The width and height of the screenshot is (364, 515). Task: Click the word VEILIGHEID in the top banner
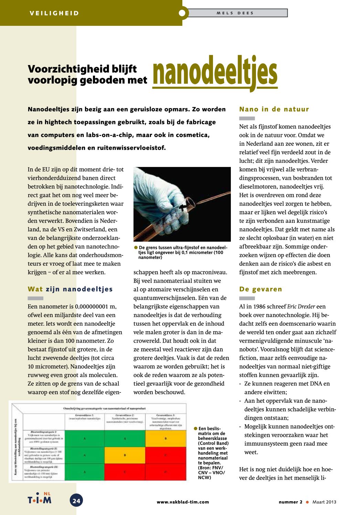[x=54, y=13]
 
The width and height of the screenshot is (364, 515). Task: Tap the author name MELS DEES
[x=235, y=13]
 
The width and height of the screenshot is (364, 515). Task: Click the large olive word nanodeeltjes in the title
[x=215, y=73]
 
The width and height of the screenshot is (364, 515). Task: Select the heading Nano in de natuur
[x=274, y=109]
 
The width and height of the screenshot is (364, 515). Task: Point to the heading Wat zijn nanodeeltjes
[x=70, y=289]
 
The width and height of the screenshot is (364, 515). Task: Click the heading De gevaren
[x=260, y=289]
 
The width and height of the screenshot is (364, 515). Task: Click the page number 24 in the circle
[x=76, y=501]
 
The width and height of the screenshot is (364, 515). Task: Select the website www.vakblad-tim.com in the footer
[x=183, y=502]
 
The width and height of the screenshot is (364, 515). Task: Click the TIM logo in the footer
[x=40, y=499]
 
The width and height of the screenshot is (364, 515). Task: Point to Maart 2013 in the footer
[x=324, y=502]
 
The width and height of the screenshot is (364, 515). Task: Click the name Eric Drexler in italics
[x=301, y=306]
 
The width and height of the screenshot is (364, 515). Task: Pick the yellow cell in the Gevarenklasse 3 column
[x=166, y=438]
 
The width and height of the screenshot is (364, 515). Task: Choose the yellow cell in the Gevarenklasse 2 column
[x=125, y=455]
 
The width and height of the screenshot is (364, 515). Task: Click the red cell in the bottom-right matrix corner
[x=166, y=472]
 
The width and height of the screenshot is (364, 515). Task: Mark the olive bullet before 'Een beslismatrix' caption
[x=195, y=429]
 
